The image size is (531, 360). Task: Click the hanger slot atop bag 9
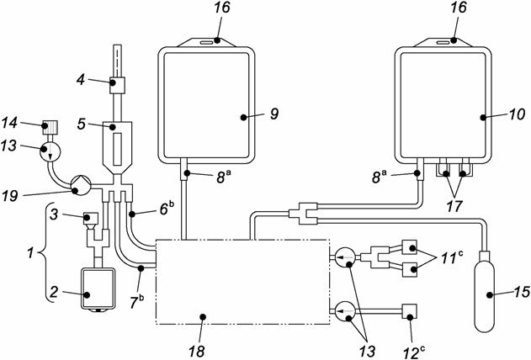pos(205,40)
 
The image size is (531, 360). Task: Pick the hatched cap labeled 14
pos(53,128)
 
